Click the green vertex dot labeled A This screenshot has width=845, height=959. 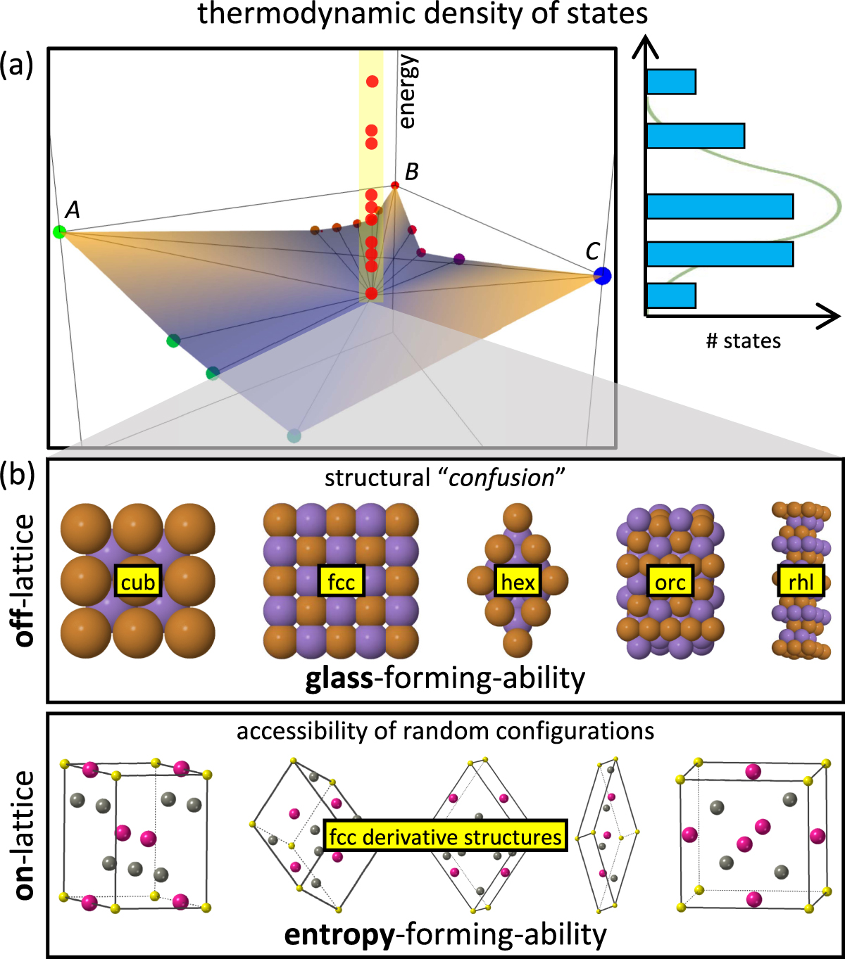[59, 231]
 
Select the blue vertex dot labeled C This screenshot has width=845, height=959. [602, 276]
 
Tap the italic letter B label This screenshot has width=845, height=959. [412, 171]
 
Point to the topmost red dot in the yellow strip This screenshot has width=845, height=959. [372, 82]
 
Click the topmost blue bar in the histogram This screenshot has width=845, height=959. [671, 82]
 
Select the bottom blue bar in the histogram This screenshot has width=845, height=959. [671, 296]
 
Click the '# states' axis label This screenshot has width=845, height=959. [744, 341]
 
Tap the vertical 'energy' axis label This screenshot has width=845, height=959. [408, 92]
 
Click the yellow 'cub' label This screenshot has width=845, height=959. [138, 582]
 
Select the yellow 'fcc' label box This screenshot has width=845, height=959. [342, 582]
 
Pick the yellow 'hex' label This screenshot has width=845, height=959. [518, 582]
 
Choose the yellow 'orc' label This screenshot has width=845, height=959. [670, 582]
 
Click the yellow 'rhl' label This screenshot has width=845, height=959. [801, 582]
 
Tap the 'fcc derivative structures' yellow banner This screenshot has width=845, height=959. [446, 837]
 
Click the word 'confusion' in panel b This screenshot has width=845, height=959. [502, 478]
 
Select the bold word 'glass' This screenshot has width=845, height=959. [339, 678]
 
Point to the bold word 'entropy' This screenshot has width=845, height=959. [339, 934]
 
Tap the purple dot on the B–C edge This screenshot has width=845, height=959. [459, 259]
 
